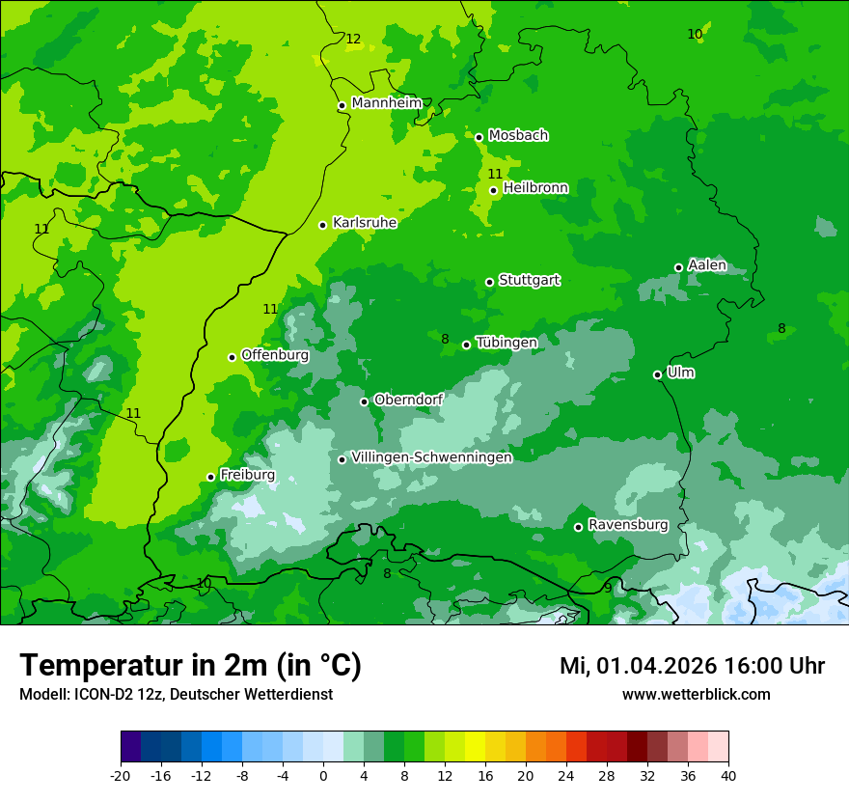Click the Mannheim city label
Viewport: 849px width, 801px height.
[387, 103]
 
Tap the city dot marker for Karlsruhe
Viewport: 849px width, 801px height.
[322, 225]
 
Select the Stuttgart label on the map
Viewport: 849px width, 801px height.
[529, 280]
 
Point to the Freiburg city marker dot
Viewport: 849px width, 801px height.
[210, 477]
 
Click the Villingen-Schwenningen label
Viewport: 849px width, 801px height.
[431, 457]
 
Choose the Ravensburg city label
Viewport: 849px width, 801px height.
[628, 525]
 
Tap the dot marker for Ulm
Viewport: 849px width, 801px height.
[657, 374]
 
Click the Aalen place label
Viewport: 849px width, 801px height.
[707, 265]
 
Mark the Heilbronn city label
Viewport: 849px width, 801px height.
[535, 188]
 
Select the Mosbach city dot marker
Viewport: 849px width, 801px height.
[479, 137]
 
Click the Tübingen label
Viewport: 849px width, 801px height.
[507, 343]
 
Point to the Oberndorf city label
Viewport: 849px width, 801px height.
[408, 400]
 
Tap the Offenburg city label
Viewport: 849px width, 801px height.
[275, 355]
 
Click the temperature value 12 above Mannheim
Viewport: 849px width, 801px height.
[353, 40]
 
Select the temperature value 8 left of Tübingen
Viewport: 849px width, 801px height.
[445, 339]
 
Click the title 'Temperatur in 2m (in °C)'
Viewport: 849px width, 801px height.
[190, 665]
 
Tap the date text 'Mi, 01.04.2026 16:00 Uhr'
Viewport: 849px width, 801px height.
[692, 666]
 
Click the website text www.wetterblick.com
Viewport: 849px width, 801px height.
[696, 694]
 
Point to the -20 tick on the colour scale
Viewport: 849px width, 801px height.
[121, 775]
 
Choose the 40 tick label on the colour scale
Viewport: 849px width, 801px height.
[728, 775]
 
